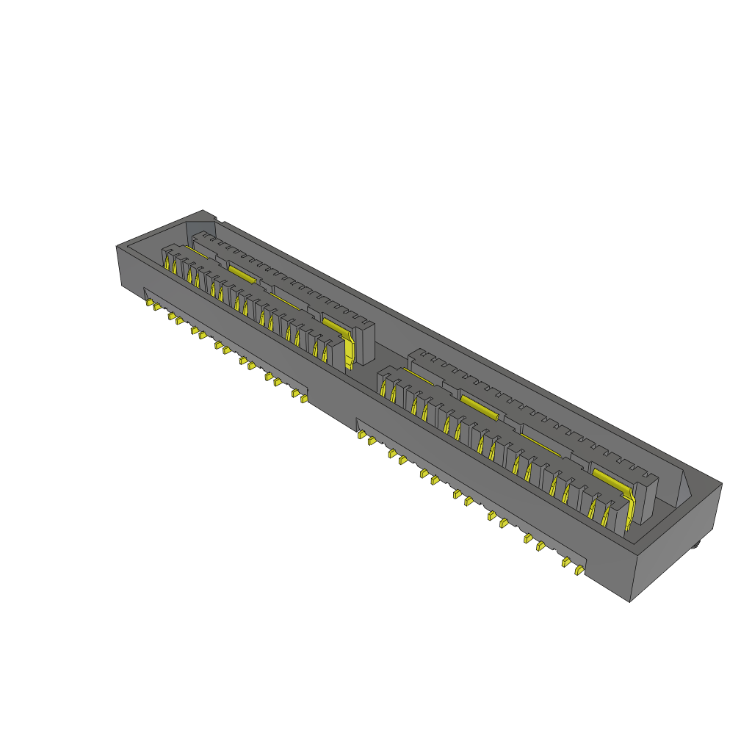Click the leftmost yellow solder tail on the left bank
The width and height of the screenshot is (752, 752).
click(x=149, y=302)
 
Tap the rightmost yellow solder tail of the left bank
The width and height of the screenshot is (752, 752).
click(x=304, y=399)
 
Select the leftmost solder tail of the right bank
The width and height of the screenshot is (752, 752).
click(x=361, y=435)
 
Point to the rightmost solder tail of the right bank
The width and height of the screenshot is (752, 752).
click(x=579, y=569)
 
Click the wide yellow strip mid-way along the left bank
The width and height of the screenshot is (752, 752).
click(x=242, y=274)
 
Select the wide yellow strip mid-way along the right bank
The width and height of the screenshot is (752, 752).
click(x=480, y=406)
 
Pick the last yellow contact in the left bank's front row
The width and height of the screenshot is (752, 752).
click(x=325, y=352)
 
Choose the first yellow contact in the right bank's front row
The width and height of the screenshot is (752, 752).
click(x=383, y=387)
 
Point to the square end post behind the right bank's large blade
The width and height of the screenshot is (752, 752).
click(x=646, y=499)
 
